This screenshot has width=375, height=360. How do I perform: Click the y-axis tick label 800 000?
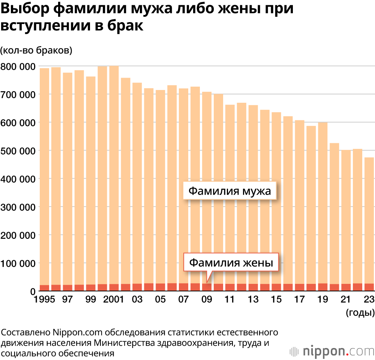pos(18,66)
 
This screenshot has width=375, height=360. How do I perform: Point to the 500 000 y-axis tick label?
pos(18,151)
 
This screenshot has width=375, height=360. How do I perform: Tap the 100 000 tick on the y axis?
pos(18,263)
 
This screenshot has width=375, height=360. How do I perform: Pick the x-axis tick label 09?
pos(207,300)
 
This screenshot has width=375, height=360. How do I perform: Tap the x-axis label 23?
pos(369,300)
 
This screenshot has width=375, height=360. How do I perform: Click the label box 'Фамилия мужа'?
pos(229,191)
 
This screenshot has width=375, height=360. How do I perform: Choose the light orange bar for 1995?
pos(45,176)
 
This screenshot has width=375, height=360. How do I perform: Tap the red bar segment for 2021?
pos(346,287)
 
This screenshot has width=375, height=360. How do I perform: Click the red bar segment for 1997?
pos(68,288)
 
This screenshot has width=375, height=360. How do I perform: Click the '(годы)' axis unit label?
pos(360,312)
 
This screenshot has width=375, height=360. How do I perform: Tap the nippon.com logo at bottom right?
pos(332,351)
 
